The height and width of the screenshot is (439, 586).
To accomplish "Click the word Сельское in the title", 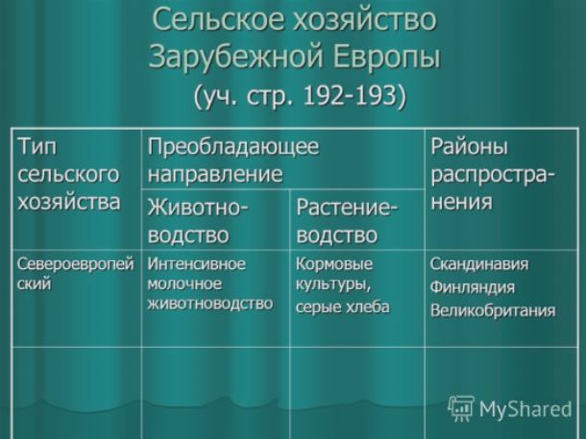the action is pyautogui.click(x=219, y=19).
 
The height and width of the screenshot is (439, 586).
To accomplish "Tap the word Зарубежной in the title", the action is pyautogui.click(x=235, y=57).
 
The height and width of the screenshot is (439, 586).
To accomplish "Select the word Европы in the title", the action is pyautogui.click(x=386, y=57).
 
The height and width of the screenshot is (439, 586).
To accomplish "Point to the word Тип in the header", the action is pyautogui.click(x=37, y=147).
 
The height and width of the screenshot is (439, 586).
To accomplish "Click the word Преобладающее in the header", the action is pyautogui.click(x=233, y=147).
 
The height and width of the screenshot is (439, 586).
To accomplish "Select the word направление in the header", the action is pyautogui.click(x=215, y=174).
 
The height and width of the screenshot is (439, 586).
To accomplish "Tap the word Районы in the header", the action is pyautogui.click(x=470, y=147).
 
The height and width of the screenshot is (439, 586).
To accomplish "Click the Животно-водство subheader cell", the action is pyautogui.click(x=215, y=220).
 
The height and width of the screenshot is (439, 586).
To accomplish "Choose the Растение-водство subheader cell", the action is pyautogui.click(x=357, y=220).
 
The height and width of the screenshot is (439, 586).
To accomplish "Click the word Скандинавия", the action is pyautogui.click(x=479, y=264).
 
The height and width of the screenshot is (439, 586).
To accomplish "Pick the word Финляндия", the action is pyautogui.click(x=472, y=287).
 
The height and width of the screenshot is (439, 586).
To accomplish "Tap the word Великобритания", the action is pyautogui.click(x=493, y=310).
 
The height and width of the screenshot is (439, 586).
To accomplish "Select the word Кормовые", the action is pyautogui.click(x=334, y=264).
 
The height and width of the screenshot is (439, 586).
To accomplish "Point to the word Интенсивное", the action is pyautogui.click(x=197, y=264).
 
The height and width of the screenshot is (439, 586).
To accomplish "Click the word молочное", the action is pyautogui.click(x=184, y=284).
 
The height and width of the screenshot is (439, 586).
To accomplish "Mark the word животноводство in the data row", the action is pyautogui.click(x=210, y=304).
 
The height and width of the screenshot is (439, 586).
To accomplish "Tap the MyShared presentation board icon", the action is pyautogui.click(x=461, y=408).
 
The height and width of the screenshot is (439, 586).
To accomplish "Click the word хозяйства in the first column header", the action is pyautogui.click(x=69, y=202).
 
